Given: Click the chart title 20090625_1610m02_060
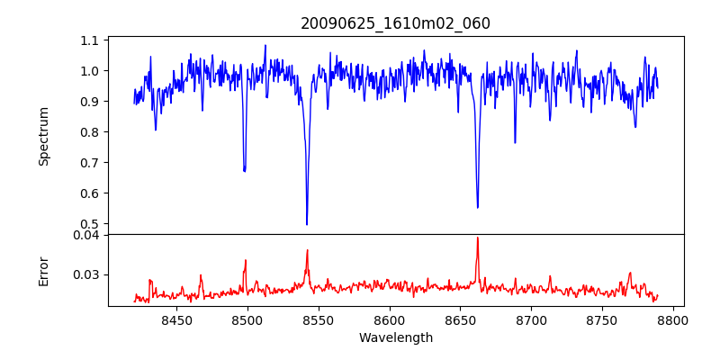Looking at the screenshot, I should pos(395,23).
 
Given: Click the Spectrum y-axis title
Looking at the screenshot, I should pos(43,136).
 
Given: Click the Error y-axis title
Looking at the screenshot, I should pos(43,270).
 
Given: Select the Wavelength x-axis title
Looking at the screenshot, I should pos(395,338).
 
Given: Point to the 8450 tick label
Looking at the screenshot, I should pos(176,320).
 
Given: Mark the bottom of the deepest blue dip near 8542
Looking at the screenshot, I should pos(307,224).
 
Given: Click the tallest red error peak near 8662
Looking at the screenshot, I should pos(477,238).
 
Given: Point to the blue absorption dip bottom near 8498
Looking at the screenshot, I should pos(244,171).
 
